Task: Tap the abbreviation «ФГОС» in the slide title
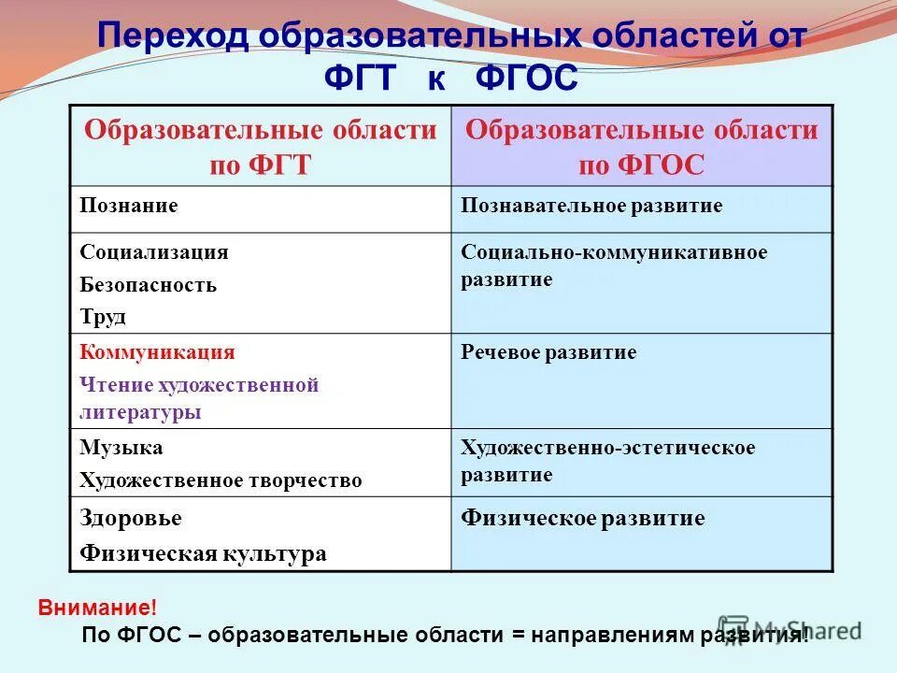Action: point(527,79)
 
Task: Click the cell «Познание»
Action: point(129,206)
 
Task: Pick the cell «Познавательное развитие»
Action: point(591,206)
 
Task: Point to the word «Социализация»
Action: point(154,252)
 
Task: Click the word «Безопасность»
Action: point(149,285)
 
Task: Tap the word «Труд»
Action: point(103,317)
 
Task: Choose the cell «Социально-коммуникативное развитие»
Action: point(614,265)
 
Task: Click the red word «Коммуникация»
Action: point(158,352)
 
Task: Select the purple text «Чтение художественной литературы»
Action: point(199,398)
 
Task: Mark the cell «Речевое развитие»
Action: point(548,352)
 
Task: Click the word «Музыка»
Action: point(121,448)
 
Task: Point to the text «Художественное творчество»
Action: point(221,480)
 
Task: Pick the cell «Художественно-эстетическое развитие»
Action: point(607,461)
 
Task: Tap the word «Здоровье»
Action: point(131,519)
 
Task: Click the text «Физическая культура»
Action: point(204,553)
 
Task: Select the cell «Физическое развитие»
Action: point(582,519)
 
